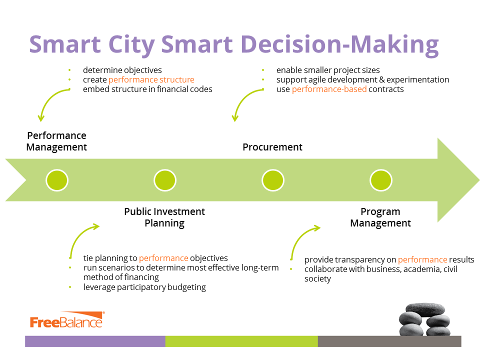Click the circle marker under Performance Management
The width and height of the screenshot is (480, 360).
57,180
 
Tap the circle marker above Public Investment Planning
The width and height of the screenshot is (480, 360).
165,180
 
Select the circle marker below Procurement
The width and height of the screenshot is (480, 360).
273,180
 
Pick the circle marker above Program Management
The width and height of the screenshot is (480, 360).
381,180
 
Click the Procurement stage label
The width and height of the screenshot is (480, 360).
272,147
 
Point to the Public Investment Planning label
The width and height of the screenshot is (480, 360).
164,217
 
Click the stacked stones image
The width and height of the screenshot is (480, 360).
424,319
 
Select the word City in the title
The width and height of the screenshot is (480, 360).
131,44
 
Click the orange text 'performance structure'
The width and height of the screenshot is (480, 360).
151,80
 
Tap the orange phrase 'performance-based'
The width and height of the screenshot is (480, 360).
329,89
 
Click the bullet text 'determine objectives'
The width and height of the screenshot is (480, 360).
122,70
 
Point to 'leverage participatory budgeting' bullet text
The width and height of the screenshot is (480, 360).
144,287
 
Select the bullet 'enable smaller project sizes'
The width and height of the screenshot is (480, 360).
328,70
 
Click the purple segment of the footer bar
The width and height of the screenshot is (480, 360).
95,341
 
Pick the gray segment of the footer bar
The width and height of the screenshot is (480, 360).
389,341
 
